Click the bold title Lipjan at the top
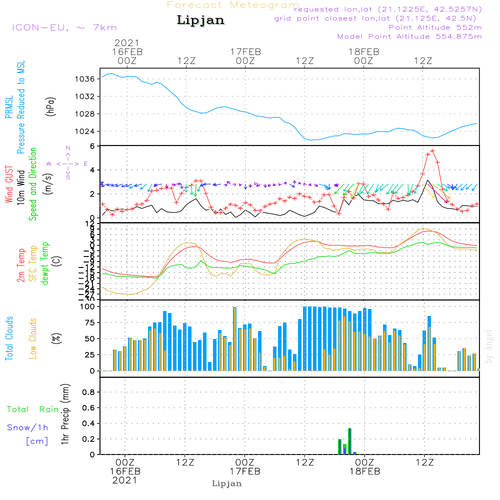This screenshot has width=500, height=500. pyautogui.click(x=200, y=20)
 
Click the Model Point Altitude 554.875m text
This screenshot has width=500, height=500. pyautogui.click(x=409, y=36)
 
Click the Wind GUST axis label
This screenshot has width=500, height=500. pyautogui.click(x=9, y=185)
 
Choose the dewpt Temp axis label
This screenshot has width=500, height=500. pyautogui.click(x=45, y=263)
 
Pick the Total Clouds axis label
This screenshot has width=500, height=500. pyautogui.click(x=9, y=338)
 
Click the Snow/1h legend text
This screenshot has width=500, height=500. pyautogui.click(x=27, y=427)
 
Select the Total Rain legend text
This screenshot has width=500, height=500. pyautogui.click(x=32, y=409)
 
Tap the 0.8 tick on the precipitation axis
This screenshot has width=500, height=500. pyautogui.click(x=88, y=392)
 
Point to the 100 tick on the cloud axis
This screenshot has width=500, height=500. pyautogui.click(x=88, y=306)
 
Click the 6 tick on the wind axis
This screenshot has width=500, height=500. pyautogui.click(x=93, y=146)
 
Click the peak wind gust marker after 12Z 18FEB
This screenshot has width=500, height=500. pyautogui.click(x=432, y=150)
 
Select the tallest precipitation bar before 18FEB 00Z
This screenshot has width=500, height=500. pyautogui.click(x=349, y=441)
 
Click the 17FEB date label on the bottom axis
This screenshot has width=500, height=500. pyautogui.click(x=245, y=471)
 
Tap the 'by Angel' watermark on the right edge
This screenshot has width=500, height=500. pyautogui.click(x=489, y=346)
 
